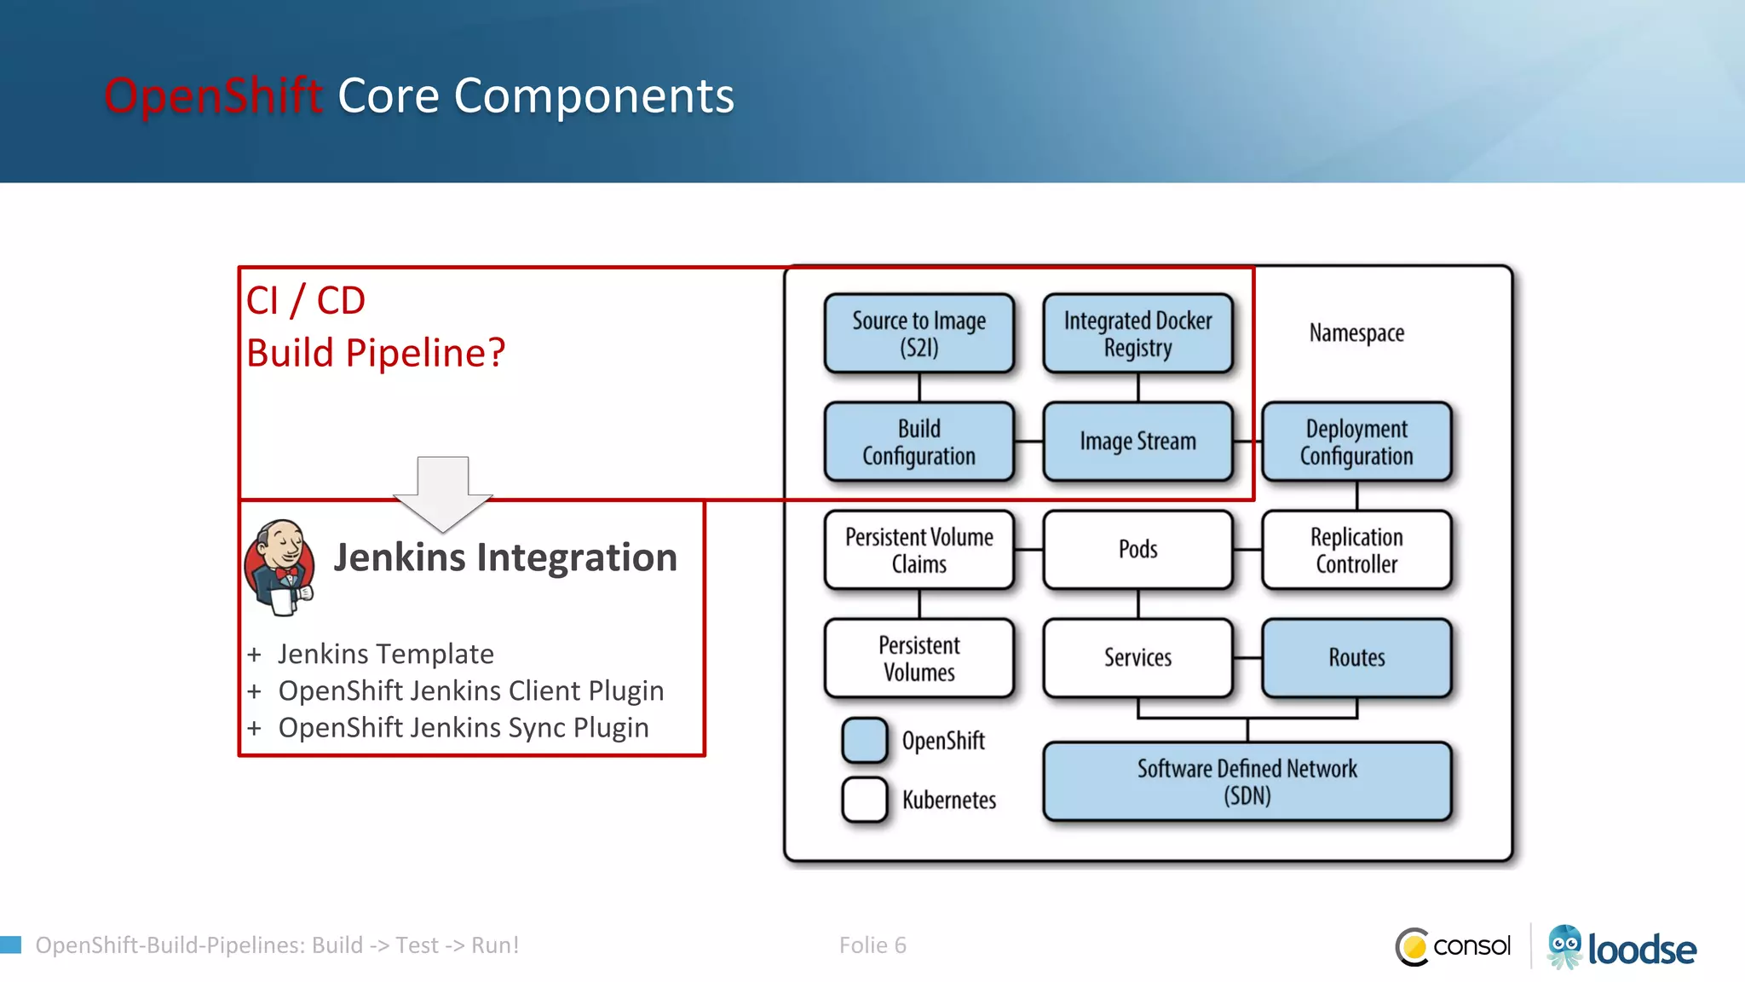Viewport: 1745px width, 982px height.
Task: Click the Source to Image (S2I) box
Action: (919, 333)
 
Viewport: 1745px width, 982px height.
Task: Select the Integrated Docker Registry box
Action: (1137, 333)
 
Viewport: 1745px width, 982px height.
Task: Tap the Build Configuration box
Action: (919, 442)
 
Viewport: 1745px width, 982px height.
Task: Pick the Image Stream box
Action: (1137, 442)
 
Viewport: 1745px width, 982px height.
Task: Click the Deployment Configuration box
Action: (1356, 442)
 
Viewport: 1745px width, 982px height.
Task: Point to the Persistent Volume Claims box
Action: (919, 550)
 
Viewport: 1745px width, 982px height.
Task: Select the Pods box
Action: (1137, 550)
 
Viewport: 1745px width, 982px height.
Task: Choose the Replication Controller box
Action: (1356, 550)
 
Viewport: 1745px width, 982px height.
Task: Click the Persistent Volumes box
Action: (919, 658)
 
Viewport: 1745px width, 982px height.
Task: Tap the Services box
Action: (1137, 658)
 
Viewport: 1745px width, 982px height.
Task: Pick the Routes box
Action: (1356, 658)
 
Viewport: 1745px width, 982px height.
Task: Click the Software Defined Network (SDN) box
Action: (1247, 782)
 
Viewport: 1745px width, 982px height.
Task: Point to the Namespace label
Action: (1356, 332)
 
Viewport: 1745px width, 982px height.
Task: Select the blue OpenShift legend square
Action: (865, 740)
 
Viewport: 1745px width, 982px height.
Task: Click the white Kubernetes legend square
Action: (865, 800)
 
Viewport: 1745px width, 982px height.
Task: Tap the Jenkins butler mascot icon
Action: (279, 566)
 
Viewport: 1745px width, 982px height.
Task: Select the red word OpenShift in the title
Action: (213, 95)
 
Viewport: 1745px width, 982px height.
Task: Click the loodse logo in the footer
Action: (1621, 947)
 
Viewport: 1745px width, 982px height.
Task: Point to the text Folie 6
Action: (872, 945)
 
